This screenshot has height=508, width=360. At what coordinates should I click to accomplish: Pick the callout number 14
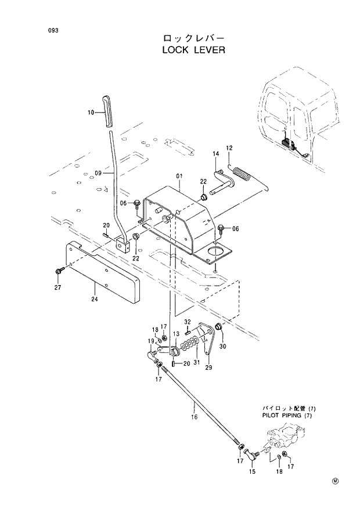[215, 154]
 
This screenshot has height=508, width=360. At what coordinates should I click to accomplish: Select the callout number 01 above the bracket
[179, 175]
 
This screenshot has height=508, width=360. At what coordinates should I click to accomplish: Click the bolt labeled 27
[60, 271]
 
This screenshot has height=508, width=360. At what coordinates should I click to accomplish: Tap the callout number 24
[94, 300]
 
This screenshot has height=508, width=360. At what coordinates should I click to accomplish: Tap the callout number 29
[208, 368]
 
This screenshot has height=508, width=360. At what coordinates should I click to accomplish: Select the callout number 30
[222, 347]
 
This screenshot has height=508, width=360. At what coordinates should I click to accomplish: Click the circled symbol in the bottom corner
[335, 481]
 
